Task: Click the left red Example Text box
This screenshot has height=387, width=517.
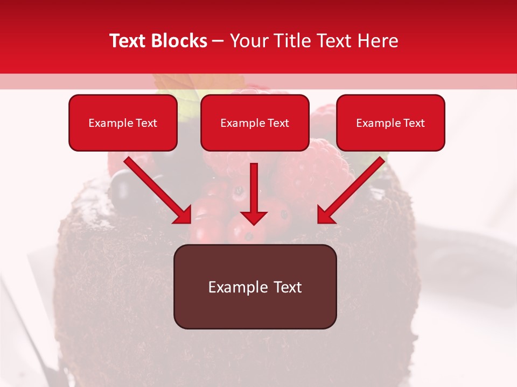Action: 123,123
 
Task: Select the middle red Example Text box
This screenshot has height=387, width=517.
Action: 255,123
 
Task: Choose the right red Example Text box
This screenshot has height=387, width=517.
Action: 390,123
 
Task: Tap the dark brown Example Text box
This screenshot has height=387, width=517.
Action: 255,286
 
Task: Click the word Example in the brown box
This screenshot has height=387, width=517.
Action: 233,287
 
